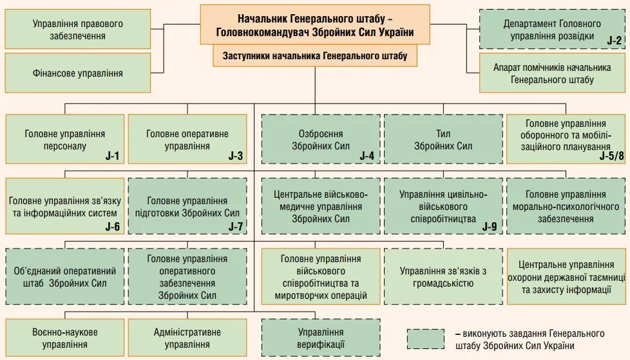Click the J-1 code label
(113, 156)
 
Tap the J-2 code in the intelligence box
(614, 41)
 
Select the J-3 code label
(235, 156)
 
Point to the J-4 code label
(367, 156)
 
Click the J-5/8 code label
(611, 156)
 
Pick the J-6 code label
(113, 226)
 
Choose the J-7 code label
(235, 226)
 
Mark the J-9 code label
(489, 226)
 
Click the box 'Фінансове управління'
(78, 73)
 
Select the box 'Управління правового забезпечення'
(78, 30)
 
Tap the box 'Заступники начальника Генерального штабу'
(315, 56)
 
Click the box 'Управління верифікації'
(320, 338)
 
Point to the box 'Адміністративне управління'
(187, 338)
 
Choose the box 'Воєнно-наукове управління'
(64, 338)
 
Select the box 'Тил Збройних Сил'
(443, 140)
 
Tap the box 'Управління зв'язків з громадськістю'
(443, 276)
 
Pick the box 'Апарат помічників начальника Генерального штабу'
(552, 73)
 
